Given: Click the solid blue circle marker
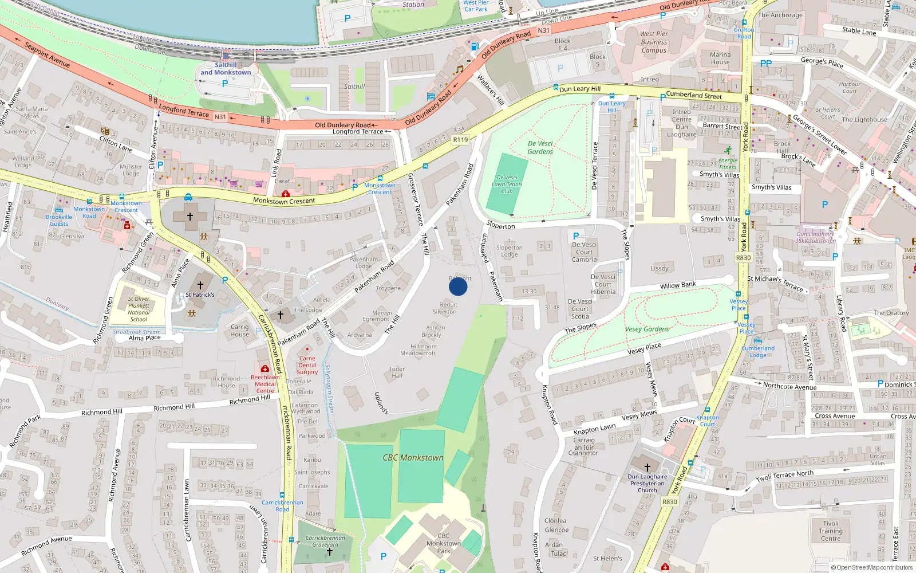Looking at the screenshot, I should pos(458,286).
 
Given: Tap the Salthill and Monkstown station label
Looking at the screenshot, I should pos(226,69).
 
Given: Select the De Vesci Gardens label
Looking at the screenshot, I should pos(540,148).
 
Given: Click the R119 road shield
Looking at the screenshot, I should pos(460,139).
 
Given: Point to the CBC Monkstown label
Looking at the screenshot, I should pos(413,457).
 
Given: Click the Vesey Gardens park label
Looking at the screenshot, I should pos(647,329).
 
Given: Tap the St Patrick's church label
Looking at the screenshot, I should pos(200,295).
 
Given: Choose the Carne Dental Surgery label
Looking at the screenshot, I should pos(307,365).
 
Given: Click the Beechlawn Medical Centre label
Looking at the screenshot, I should pos(265,384).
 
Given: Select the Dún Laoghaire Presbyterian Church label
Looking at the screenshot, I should pos(647,483).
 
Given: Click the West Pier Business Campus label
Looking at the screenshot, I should pos(654,42).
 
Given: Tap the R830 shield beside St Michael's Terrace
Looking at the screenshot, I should pos(743,258).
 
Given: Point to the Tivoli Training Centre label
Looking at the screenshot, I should pos(831,531).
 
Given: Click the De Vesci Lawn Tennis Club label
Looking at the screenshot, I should pos(507,185).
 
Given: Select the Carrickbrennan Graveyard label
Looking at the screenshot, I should pos(325,541).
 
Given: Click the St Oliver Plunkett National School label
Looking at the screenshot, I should pos(139,309).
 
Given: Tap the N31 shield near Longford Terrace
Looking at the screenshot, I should pos(220,117).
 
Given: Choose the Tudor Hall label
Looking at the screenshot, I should pos(397,372).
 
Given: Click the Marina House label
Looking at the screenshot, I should pos(720,58).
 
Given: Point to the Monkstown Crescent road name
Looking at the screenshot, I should pos(284,201).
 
